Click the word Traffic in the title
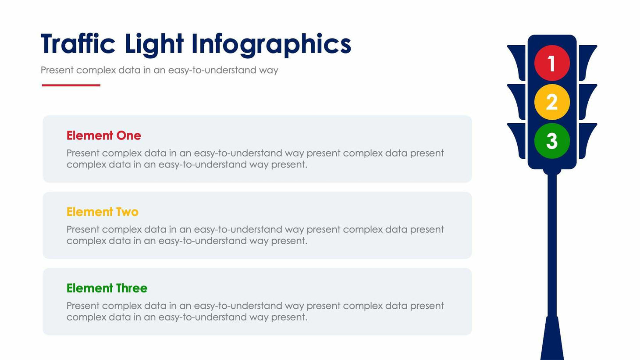click(78, 44)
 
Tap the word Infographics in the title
click(271, 45)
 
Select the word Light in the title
click(154, 44)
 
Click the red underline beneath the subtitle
click(71, 85)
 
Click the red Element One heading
click(103, 135)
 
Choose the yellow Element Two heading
click(102, 212)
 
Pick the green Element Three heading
click(107, 288)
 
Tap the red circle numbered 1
click(552, 63)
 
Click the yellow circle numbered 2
click(552, 102)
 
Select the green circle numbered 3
click(552, 141)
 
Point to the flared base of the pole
click(552, 340)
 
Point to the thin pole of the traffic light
click(552, 246)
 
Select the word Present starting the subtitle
click(57, 70)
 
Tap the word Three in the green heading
click(132, 288)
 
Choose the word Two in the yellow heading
click(127, 212)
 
